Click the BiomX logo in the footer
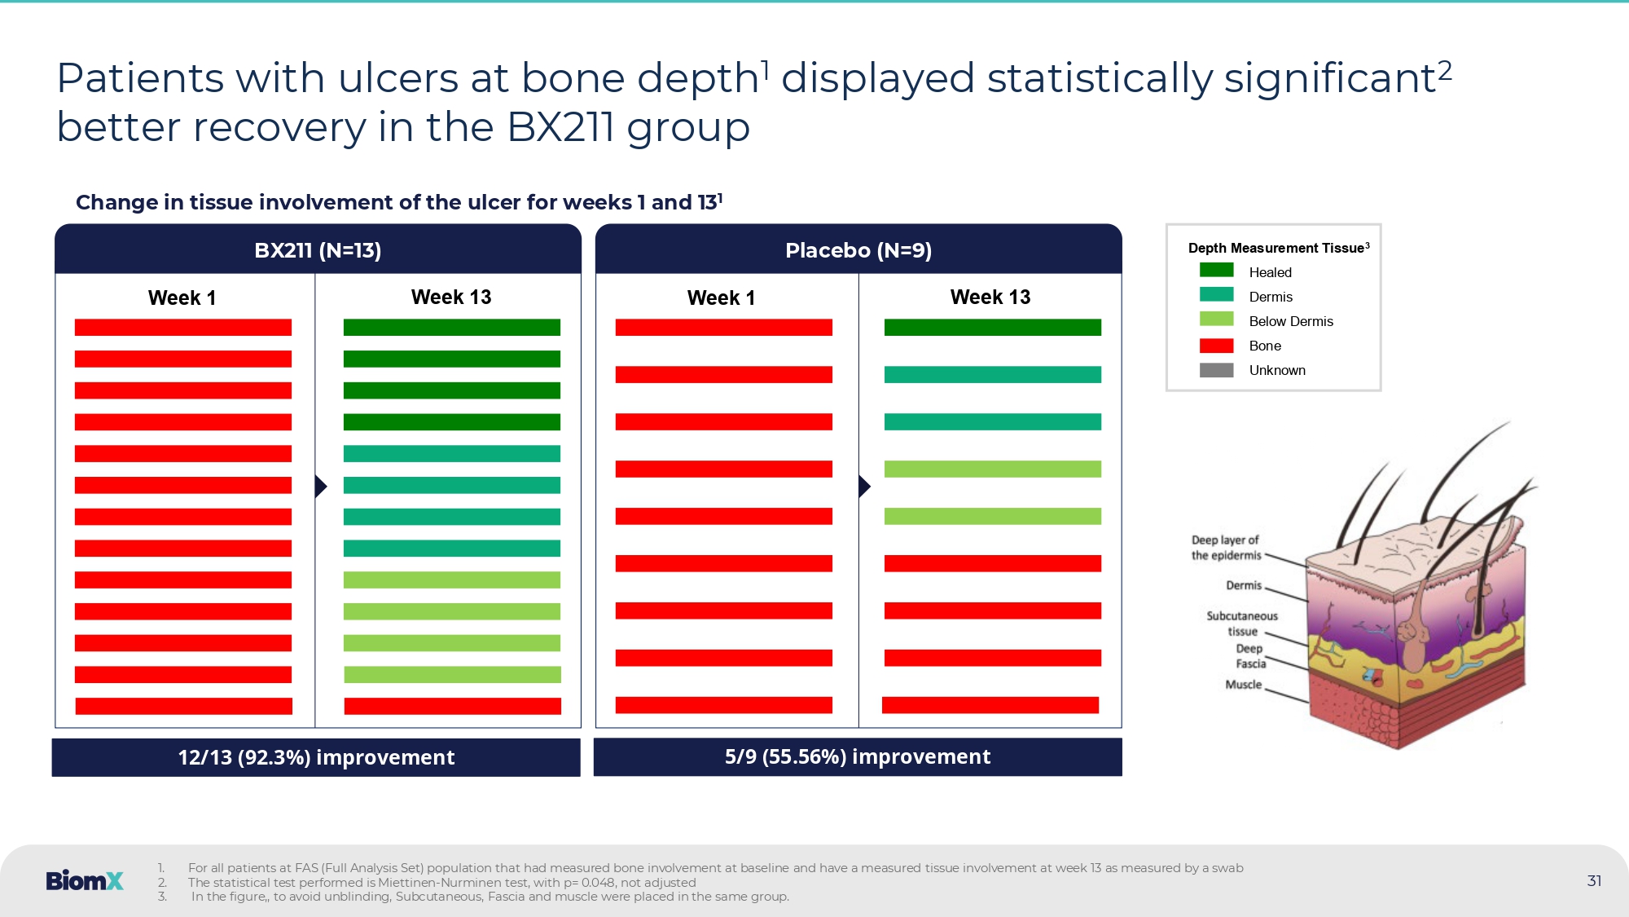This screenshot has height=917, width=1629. (85, 881)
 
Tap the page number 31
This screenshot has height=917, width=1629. (1594, 881)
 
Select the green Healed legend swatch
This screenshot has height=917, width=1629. (1216, 271)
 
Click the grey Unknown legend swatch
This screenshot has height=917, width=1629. (1216, 370)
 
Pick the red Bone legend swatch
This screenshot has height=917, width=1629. (1216, 346)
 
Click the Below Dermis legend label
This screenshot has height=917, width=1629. (1291, 321)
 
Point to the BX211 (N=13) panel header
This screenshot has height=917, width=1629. (318, 250)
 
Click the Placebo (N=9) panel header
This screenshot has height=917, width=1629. (858, 250)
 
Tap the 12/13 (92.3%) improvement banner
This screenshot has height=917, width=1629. (316, 757)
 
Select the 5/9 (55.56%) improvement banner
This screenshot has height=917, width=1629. (858, 757)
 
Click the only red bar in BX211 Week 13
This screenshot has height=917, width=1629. (452, 706)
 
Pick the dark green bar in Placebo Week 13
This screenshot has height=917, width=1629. (992, 328)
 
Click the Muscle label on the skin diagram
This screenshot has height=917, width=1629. (1243, 685)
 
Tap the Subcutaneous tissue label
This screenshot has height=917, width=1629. (1242, 624)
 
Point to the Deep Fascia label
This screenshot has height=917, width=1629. (1250, 656)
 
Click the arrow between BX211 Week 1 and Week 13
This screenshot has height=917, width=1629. (321, 487)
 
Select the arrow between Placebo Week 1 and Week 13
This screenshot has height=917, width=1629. (864, 487)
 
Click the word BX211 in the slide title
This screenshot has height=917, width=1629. (560, 128)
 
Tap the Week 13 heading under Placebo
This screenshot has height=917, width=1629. (990, 298)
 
